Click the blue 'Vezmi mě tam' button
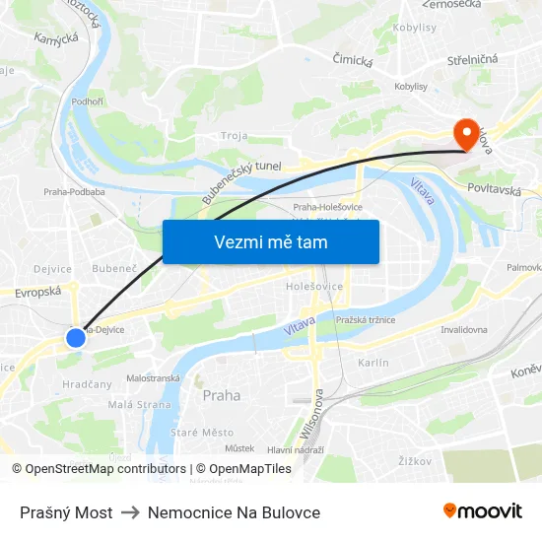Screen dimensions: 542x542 (270, 241)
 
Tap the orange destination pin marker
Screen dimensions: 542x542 (465, 134)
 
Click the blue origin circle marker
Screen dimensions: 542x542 (76, 338)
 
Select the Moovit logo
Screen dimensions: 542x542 (482, 511)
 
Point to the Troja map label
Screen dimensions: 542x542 (235, 136)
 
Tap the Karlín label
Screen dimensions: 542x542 (373, 363)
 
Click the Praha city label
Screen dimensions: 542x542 (221, 395)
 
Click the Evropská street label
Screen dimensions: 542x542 (38, 292)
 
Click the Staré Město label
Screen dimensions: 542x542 (202, 433)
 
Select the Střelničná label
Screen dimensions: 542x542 (472, 59)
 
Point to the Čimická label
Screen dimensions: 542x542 (353, 61)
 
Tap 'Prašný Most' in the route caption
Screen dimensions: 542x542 (66, 512)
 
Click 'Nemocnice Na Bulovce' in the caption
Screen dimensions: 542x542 (234, 512)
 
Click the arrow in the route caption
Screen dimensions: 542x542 (130, 512)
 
